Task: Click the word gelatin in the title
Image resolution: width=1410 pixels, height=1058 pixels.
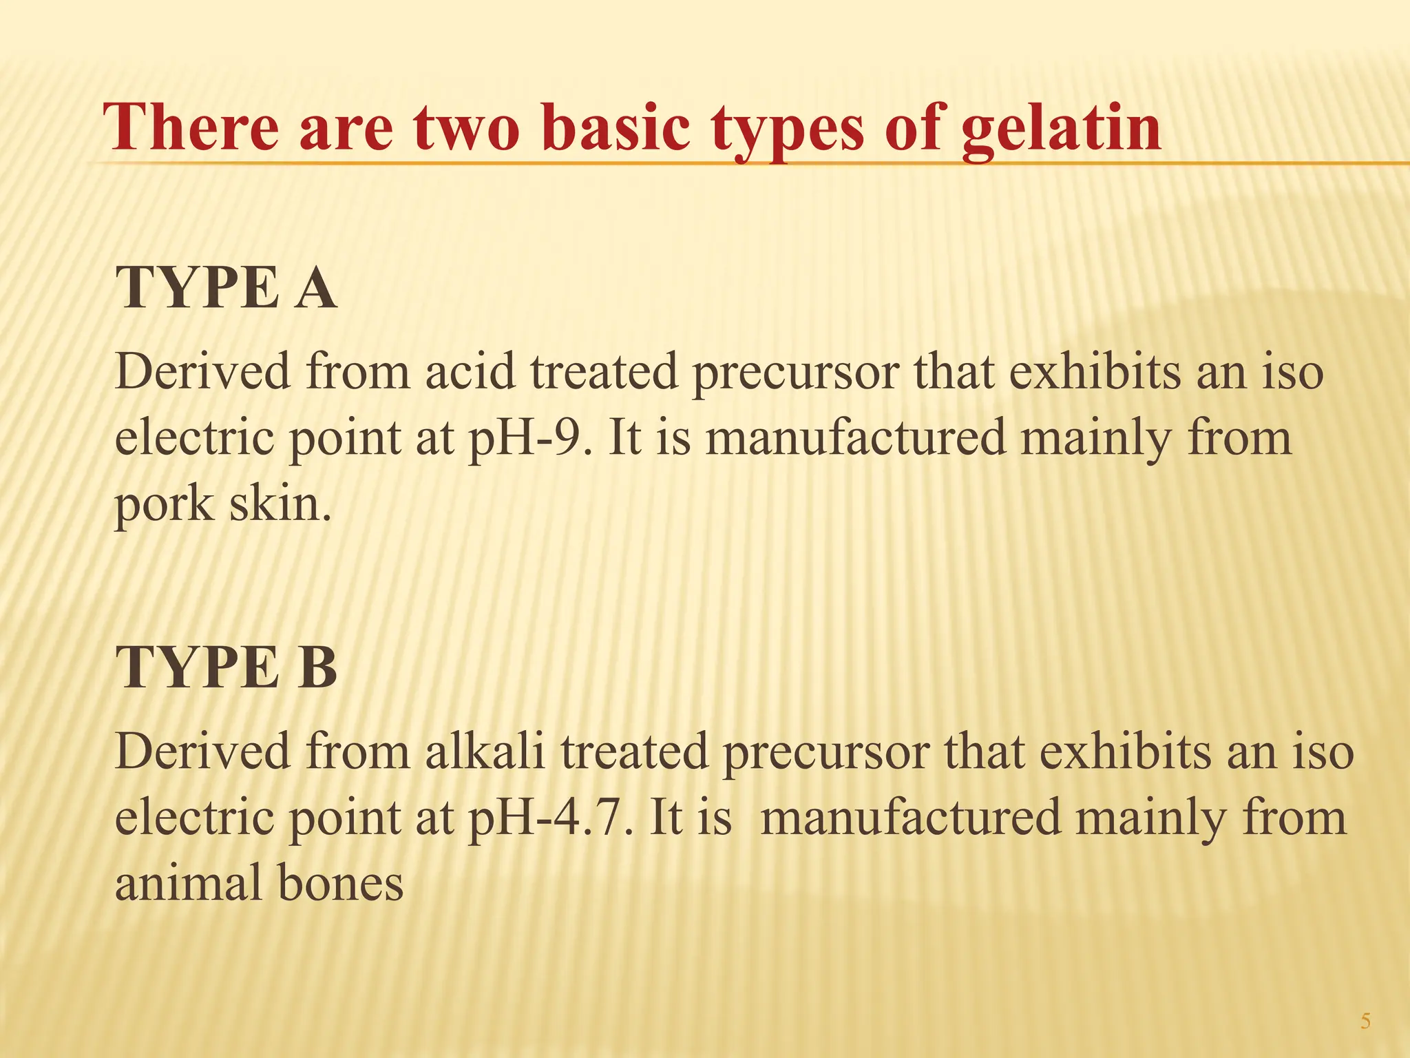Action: click(1061, 129)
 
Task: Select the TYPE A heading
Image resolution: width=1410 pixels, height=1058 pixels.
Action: click(227, 288)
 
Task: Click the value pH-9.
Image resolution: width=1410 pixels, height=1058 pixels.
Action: click(529, 438)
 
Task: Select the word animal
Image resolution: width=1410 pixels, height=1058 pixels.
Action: click(187, 883)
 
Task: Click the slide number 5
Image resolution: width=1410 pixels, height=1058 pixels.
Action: click(1365, 1021)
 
